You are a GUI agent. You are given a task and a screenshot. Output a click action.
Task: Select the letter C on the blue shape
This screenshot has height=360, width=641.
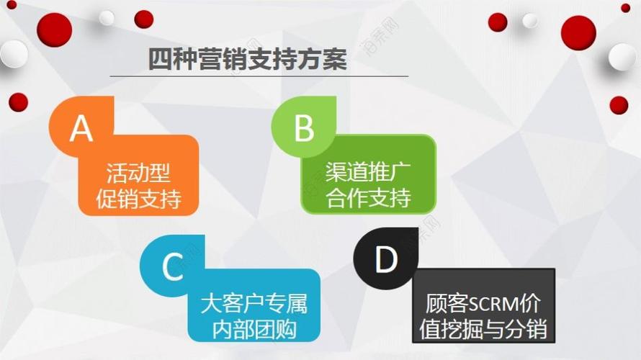pos(172,266)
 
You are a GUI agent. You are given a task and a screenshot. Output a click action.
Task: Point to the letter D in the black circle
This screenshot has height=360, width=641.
pos(386,260)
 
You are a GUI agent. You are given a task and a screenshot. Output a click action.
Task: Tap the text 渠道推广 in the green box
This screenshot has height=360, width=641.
pos(368,173)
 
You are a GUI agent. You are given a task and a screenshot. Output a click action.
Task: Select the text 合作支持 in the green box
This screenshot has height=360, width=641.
pos(368,197)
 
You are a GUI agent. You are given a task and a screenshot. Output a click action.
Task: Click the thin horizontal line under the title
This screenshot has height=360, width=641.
pos(259,76)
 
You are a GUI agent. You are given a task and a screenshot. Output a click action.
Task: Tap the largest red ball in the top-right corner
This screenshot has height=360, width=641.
pos(578,32)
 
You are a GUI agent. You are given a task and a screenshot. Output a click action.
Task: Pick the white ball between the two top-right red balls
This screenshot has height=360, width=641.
pos(530,20)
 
